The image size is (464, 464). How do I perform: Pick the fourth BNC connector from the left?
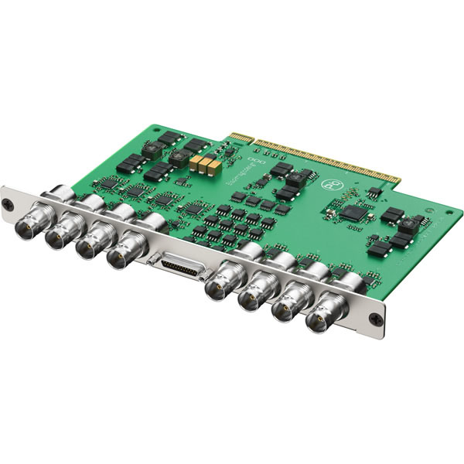point(121,256)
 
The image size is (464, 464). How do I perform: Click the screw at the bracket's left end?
point(7,203)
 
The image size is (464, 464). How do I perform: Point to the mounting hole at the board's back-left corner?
point(158,128)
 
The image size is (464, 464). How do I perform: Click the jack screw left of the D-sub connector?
point(156,258)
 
